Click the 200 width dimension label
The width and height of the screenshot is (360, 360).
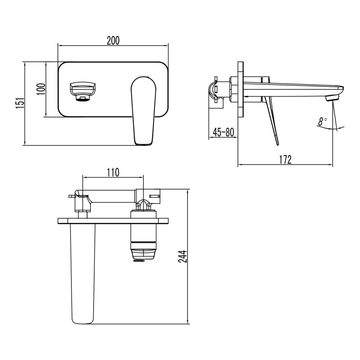[113, 40]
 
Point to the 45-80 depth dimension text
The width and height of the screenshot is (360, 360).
[223, 132]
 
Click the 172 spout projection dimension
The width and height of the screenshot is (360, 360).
[285, 159]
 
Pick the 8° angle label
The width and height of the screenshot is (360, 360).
[322, 122]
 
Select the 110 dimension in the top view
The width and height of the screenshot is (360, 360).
[113, 172]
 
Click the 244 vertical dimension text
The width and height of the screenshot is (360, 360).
[184, 257]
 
